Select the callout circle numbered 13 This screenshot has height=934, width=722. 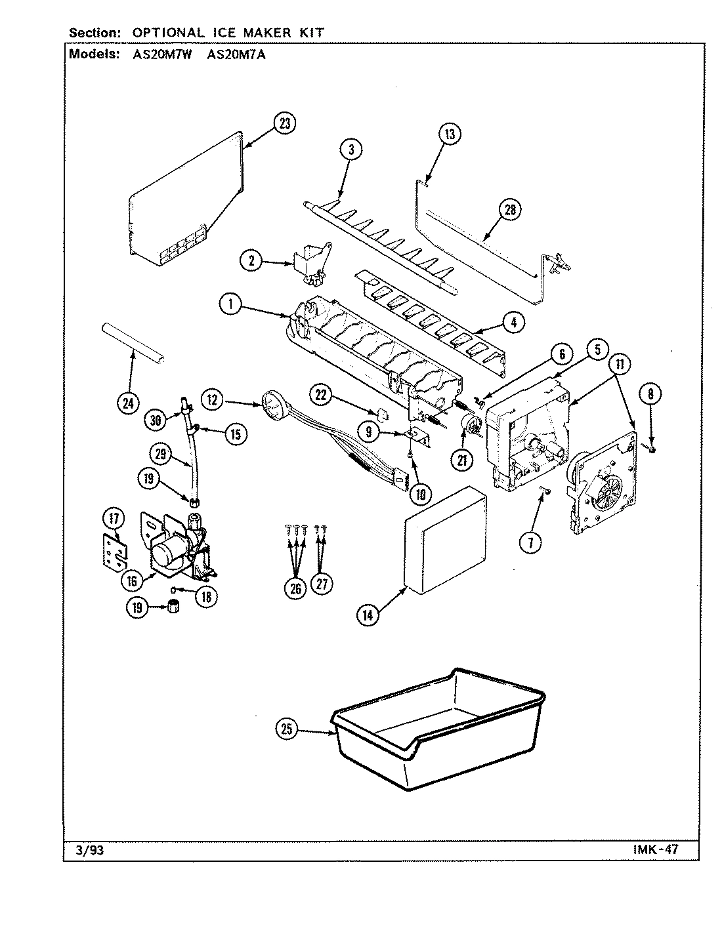coord(449,134)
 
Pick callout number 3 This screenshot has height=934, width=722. coord(351,150)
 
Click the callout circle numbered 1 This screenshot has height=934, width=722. coord(231,304)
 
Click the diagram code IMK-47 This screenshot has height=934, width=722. coord(656,850)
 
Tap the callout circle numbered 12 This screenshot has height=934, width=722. coord(214,398)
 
